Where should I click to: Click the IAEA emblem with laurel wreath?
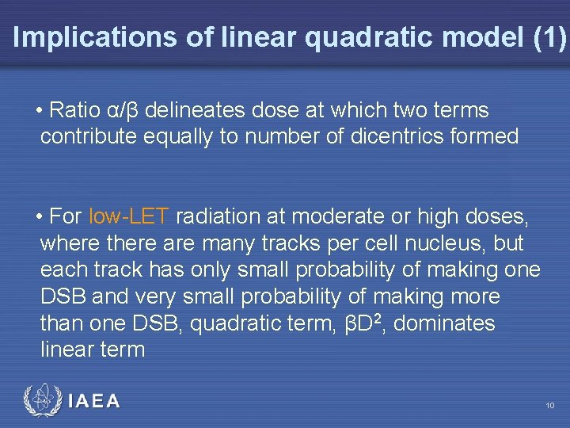click(40, 401)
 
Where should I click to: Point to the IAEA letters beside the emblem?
click(94, 402)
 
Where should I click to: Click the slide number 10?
click(549, 406)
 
